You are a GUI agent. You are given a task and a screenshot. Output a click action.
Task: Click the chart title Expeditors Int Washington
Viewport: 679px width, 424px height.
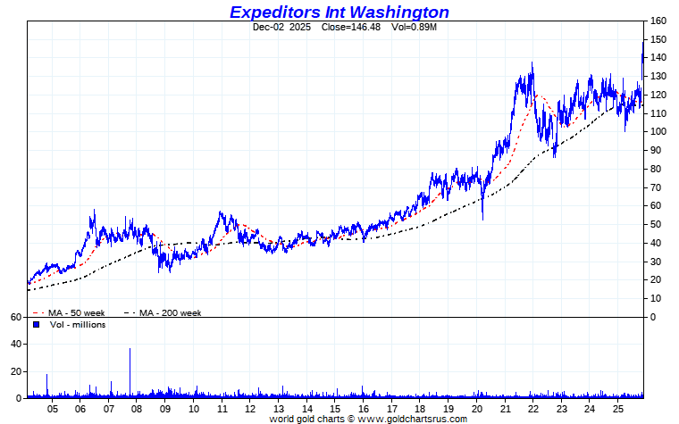click(x=339, y=12)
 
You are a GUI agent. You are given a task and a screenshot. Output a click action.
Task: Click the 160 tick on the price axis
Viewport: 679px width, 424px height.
click(x=658, y=21)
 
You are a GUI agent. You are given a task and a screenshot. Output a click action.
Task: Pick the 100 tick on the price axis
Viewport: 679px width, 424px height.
click(x=658, y=132)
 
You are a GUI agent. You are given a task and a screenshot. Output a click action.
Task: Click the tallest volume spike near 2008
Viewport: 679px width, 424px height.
click(x=130, y=350)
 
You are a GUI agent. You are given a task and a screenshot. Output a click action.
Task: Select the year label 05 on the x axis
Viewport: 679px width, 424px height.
click(x=53, y=408)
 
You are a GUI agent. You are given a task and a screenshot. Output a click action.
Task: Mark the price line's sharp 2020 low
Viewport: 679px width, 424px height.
click(x=482, y=219)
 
